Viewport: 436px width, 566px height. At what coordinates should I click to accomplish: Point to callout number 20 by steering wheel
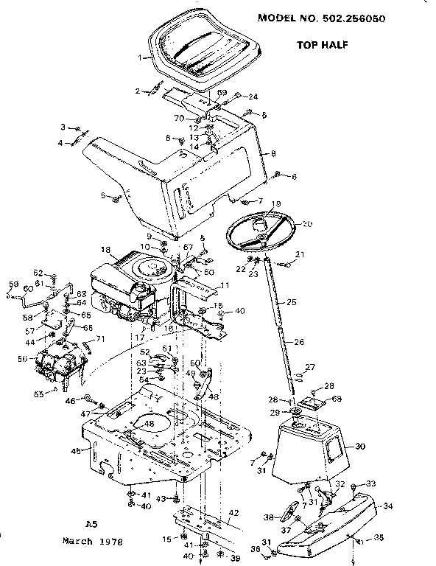308,223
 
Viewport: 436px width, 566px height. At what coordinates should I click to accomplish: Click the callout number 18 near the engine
106,251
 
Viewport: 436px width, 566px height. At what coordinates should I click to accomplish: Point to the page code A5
91,524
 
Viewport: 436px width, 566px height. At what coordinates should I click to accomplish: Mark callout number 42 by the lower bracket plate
233,511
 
